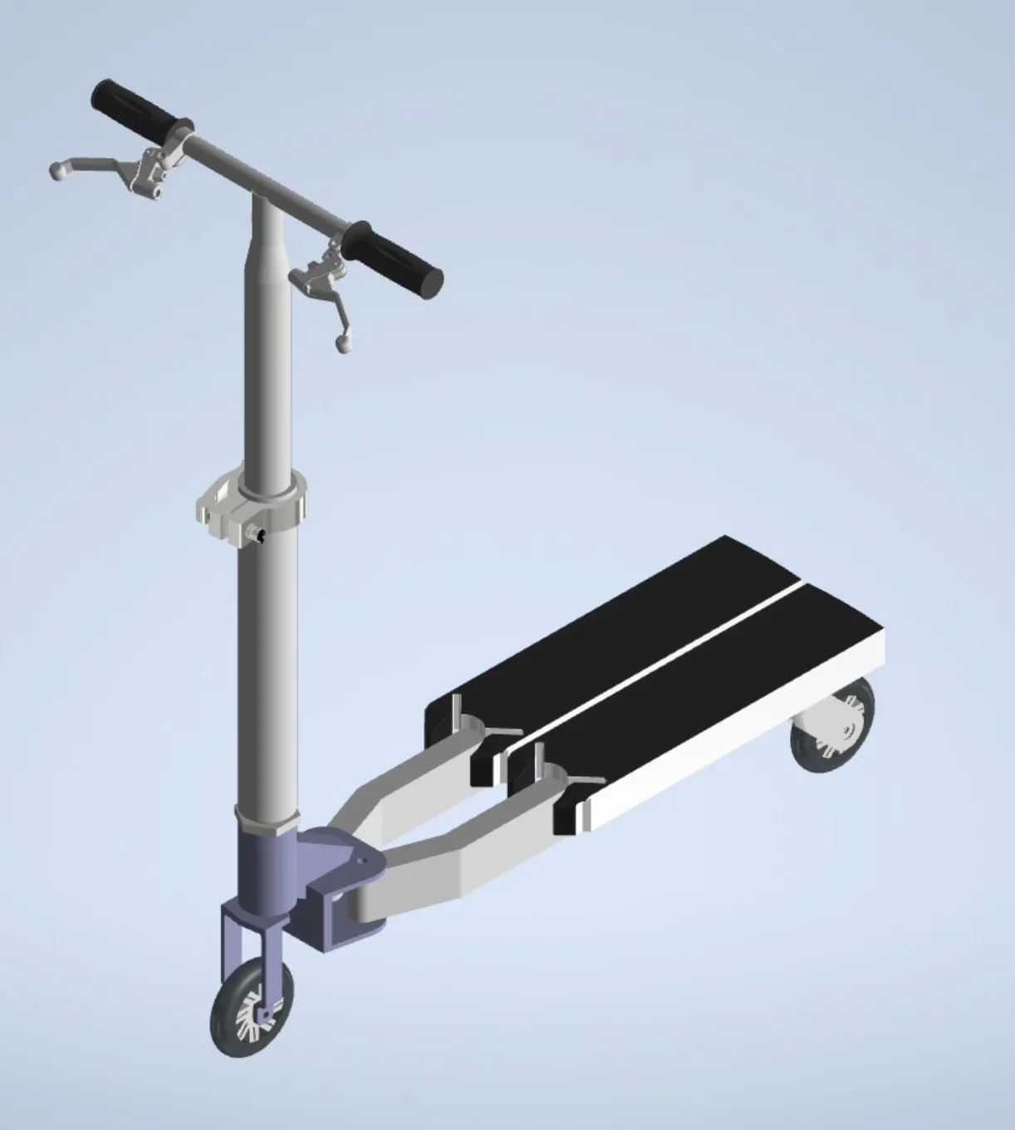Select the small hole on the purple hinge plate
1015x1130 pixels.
[361, 862]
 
